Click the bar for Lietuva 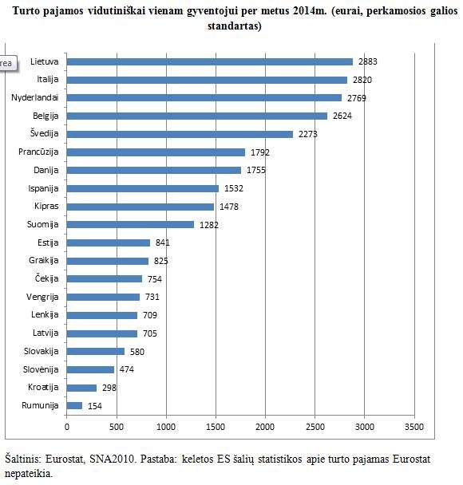(210, 62)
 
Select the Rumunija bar (74, 405)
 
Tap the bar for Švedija (180, 134)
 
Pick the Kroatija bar (81, 388)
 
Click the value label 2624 (342, 116)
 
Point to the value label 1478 (229, 207)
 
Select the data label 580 (137, 352)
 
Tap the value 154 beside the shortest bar (95, 406)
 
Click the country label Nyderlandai (35, 98)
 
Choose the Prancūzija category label (38, 152)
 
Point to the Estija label (48, 242)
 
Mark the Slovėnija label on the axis (41, 369)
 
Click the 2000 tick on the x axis (265, 427)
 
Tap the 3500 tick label (414, 427)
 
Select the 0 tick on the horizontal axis (67, 427)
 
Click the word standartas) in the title (235, 26)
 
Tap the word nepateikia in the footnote (29, 473)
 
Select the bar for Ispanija (143, 189)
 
